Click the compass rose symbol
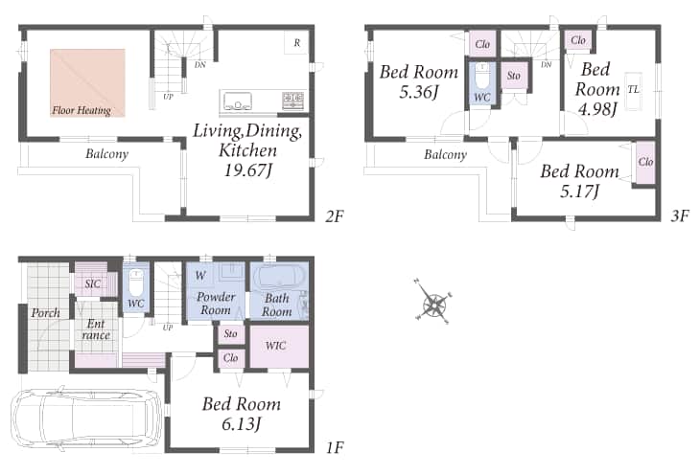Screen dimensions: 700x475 (433, 301)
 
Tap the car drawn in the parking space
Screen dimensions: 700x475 (84, 418)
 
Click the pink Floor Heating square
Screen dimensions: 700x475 (87, 83)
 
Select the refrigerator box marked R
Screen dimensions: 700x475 (296, 43)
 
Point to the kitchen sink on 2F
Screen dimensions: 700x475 (238, 101)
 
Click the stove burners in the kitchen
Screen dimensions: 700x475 (292, 101)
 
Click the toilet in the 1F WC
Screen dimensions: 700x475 (136, 282)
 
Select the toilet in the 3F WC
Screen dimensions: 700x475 (481, 77)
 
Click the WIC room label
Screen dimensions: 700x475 (275, 345)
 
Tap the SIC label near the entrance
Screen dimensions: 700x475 (92, 283)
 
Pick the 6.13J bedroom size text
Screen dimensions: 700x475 (241, 423)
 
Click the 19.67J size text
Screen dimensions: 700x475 (248, 170)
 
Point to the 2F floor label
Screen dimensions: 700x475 (335, 216)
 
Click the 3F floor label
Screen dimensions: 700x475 (680, 216)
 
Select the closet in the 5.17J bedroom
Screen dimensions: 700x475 (645, 163)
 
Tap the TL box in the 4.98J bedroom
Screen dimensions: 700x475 (633, 91)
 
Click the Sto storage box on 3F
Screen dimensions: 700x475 (514, 76)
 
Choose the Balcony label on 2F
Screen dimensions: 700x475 (106, 154)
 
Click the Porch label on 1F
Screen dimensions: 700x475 (45, 312)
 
